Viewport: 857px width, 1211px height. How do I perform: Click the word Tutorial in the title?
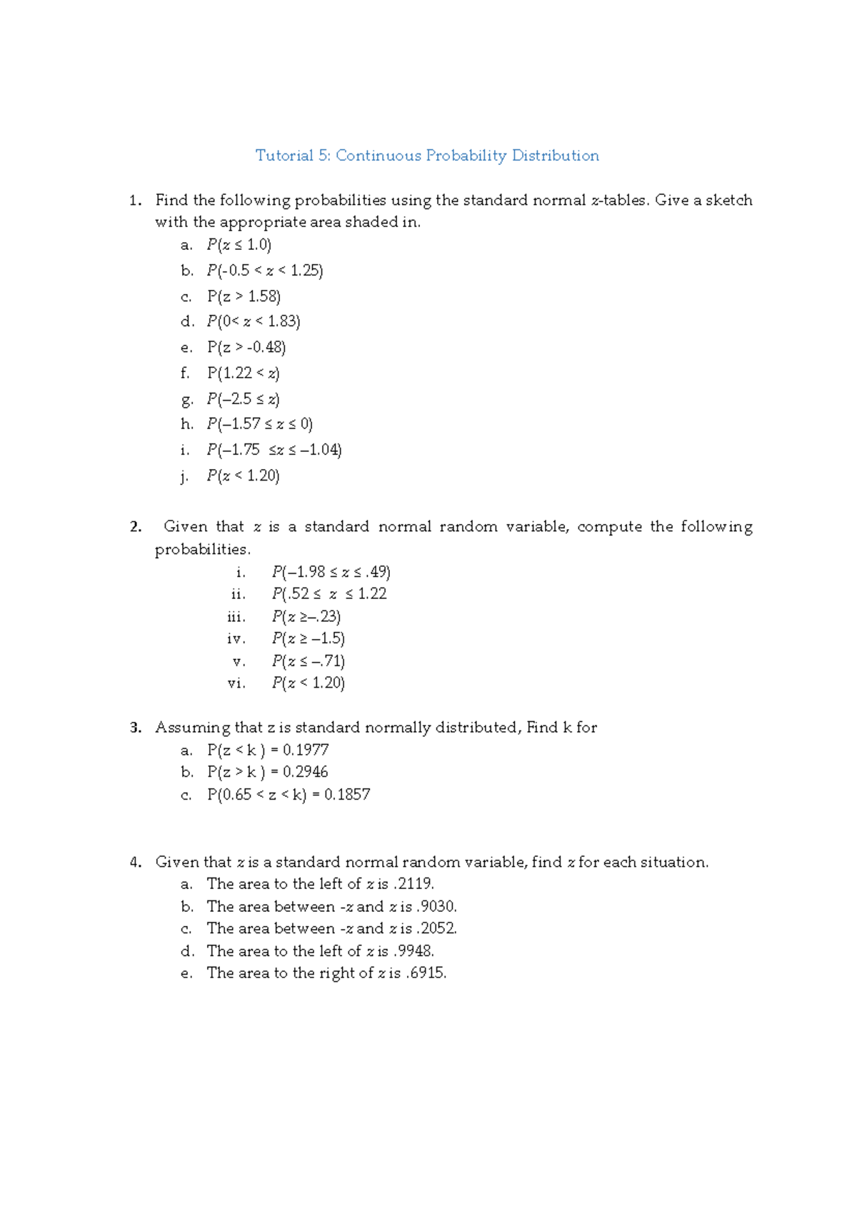(x=284, y=156)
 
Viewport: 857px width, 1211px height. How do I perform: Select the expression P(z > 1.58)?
(x=244, y=296)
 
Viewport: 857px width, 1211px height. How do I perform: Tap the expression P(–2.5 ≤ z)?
(x=243, y=398)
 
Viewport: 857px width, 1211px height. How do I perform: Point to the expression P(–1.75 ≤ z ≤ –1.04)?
(x=274, y=450)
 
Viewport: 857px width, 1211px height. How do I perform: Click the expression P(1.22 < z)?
(x=243, y=373)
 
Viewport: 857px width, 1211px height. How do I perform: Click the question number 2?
(x=135, y=527)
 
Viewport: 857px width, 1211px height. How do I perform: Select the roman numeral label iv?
(x=236, y=638)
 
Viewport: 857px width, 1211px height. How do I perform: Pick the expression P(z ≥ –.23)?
(x=306, y=616)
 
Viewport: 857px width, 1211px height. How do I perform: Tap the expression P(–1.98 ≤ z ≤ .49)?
(x=331, y=572)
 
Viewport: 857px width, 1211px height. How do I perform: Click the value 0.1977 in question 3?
(x=306, y=750)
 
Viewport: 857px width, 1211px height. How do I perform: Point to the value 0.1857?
(x=347, y=795)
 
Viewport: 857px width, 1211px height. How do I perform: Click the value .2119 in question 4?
(x=414, y=884)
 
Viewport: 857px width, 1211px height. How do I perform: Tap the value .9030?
(x=436, y=907)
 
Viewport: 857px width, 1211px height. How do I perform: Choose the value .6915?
(x=426, y=973)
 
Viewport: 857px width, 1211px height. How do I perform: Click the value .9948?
(x=414, y=951)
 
